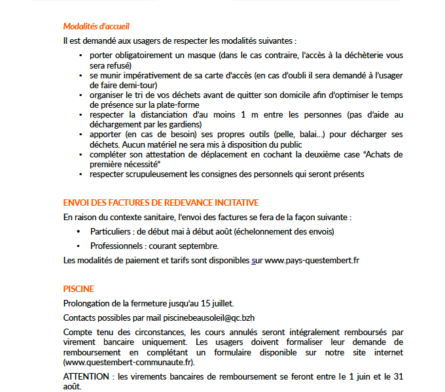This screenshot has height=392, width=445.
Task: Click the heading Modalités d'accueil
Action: click(96, 27)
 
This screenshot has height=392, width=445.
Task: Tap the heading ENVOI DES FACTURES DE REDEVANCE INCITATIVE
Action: click(161, 203)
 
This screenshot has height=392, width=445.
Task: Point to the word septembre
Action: click(196, 246)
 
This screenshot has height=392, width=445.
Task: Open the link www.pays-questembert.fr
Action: click(312, 261)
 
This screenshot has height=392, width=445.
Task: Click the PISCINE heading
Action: click(79, 289)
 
